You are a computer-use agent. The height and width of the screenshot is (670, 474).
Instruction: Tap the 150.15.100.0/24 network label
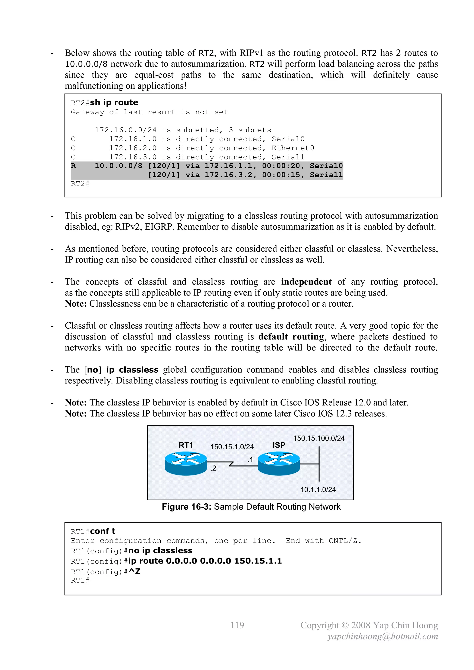[319, 438]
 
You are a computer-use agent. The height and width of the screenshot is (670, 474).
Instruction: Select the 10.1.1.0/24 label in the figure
[318, 490]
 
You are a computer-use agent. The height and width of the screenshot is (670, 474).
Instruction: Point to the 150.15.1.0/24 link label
[232, 447]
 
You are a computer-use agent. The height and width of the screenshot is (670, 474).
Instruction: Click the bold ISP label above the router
[279, 445]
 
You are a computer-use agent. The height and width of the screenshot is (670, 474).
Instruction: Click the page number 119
[237, 625]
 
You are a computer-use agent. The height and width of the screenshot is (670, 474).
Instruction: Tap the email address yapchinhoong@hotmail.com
[382, 636]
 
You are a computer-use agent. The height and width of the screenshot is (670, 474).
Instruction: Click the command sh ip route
[114, 103]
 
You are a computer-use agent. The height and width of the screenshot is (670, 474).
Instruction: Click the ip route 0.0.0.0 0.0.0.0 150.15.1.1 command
[205, 561]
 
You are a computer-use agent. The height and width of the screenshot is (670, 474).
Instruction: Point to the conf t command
[103, 531]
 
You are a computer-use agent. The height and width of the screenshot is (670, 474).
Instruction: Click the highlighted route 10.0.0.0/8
[118, 166]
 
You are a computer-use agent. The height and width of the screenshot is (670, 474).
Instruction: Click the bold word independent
[306, 282]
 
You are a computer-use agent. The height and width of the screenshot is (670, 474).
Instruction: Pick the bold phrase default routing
[291, 337]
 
